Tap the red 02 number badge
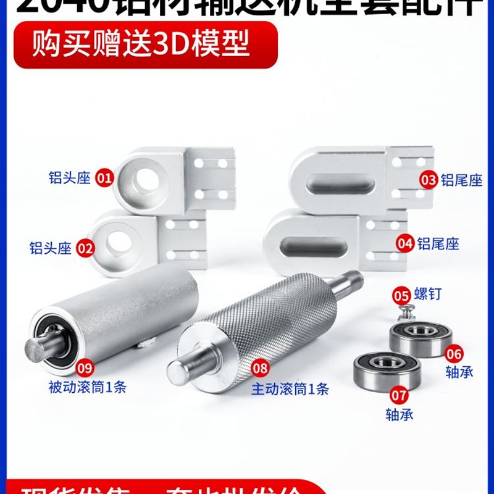coord(85,249)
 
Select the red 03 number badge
coord(429,180)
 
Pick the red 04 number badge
coord(405,243)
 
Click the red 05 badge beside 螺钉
coord(401,296)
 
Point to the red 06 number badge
coord(454,354)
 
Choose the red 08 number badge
coord(261,369)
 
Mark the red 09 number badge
coord(85,368)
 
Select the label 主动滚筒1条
coord(290,389)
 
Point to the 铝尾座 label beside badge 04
coord(438,243)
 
